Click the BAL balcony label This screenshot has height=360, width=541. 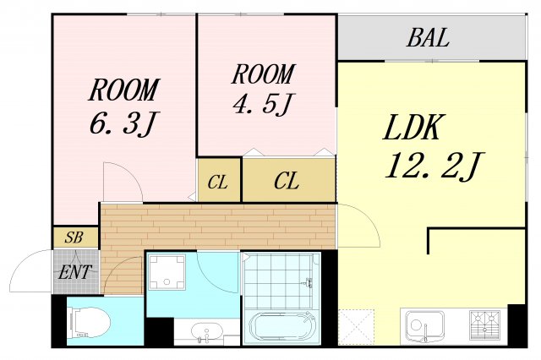pyautogui.click(x=429, y=37)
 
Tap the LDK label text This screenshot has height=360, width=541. pyautogui.click(x=413, y=128)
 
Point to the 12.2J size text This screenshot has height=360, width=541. pyautogui.click(x=434, y=166)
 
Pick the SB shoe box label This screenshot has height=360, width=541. pyautogui.click(x=74, y=237)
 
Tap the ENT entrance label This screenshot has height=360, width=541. pyautogui.click(x=75, y=272)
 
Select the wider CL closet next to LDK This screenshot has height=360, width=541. pyautogui.click(x=289, y=180)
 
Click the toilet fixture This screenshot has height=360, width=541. pyautogui.click(x=90, y=323)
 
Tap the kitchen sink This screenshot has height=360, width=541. pyautogui.click(x=424, y=326)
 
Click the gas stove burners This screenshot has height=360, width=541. pyautogui.click(x=484, y=325)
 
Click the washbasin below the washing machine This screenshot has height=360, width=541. pyautogui.click(x=206, y=332)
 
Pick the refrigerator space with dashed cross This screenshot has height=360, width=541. pyautogui.click(x=356, y=327)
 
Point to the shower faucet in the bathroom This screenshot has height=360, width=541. pyautogui.click(x=308, y=282)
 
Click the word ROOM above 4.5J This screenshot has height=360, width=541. pyautogui.click(x=264, y=74)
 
